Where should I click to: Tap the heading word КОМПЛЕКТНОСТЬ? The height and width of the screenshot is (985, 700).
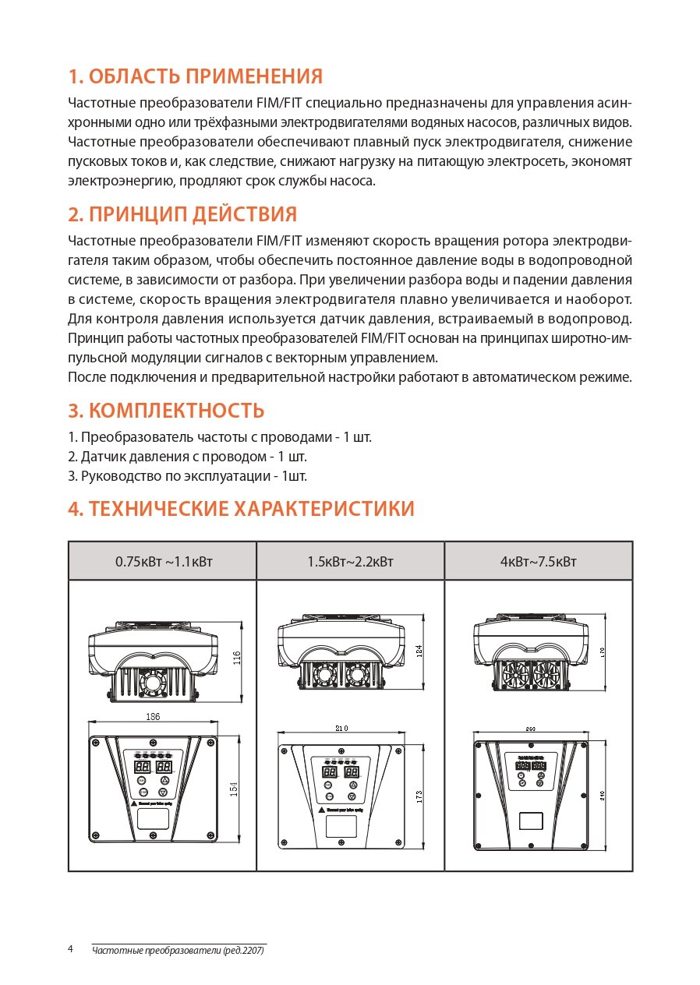click(176, 410)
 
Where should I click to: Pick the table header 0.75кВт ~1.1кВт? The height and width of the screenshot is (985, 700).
click(163, 561)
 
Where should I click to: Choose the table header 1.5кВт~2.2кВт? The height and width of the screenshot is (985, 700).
click(350, 561)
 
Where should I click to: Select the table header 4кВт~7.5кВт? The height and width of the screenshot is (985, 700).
click(538, 561)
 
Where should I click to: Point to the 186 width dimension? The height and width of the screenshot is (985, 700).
click(153, 717)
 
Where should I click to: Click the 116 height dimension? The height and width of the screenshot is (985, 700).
click(237, 658)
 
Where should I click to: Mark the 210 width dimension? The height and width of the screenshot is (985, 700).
click(341, 728)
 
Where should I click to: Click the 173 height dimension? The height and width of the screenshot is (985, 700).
click(419, 797)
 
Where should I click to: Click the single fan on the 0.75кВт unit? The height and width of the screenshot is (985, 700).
click(153, 683)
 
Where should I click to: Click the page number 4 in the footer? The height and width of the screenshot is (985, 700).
click(71, 948)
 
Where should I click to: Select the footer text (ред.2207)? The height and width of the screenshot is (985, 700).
click(243, 951)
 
